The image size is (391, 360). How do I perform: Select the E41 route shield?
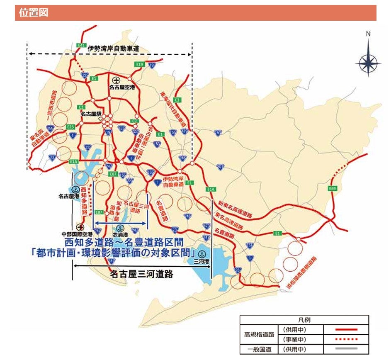(81, 45)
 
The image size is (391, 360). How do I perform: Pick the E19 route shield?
(140, 64)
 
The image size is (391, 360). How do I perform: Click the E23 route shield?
(70, 126)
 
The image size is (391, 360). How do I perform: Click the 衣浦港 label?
(120, 234)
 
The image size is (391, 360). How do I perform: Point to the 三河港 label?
(202, 261)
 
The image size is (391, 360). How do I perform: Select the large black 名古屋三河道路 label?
(141, 274)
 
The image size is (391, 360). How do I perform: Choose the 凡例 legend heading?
(304, 320)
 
